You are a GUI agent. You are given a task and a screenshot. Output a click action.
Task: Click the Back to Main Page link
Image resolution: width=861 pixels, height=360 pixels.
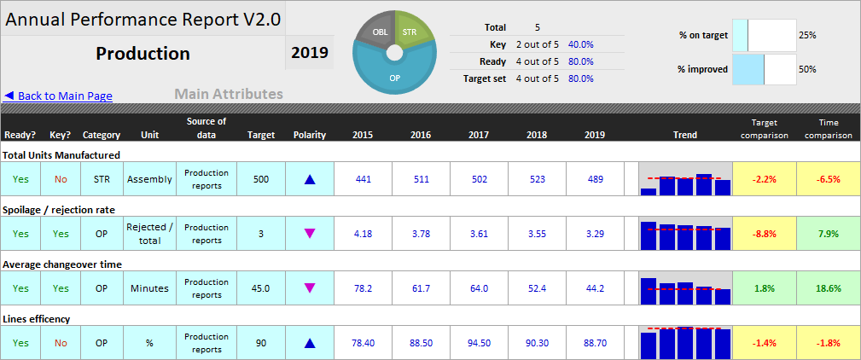coord(59,96)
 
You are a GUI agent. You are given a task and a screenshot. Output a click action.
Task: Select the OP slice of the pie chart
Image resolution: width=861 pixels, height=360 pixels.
coord(394,76)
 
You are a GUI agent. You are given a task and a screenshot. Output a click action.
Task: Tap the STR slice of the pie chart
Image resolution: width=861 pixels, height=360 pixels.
coord(412,32)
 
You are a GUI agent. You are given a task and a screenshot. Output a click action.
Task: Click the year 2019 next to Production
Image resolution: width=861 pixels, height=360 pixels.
coord(309,53)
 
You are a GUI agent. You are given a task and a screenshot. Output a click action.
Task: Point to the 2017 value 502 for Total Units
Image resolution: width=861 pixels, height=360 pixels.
coord(479,179)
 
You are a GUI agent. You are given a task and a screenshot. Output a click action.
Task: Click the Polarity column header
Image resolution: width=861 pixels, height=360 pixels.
coord(310,135)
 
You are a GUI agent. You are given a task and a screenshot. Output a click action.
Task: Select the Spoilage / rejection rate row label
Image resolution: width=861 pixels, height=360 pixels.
coord(59,209)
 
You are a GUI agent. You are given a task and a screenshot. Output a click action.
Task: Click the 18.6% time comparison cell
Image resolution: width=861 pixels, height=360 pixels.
coord(828,288)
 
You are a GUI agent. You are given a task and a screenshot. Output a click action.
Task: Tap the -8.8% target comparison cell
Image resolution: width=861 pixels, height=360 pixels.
coord(764,234)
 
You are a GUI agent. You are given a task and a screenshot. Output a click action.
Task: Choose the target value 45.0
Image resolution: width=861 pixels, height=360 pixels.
coord(261,288)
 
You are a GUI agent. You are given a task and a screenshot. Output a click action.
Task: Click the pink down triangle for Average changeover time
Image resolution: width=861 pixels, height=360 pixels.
coord(310,288)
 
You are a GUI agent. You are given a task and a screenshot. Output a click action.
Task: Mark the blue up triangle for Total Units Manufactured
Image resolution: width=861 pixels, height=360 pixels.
coord(310,180)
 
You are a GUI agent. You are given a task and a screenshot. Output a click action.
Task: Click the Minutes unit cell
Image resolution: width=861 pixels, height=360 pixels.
coord(149,288)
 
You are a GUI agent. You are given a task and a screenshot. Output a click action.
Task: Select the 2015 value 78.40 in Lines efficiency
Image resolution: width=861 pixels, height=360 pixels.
coord(363,343)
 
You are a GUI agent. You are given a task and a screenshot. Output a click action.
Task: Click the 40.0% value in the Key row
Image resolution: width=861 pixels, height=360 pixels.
coord(580,44)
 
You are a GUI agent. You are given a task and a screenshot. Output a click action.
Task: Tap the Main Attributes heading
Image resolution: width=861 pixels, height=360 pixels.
coord(229,95)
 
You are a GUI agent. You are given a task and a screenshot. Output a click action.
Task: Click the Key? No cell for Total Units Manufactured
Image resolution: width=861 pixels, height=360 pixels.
coord(61,179)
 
